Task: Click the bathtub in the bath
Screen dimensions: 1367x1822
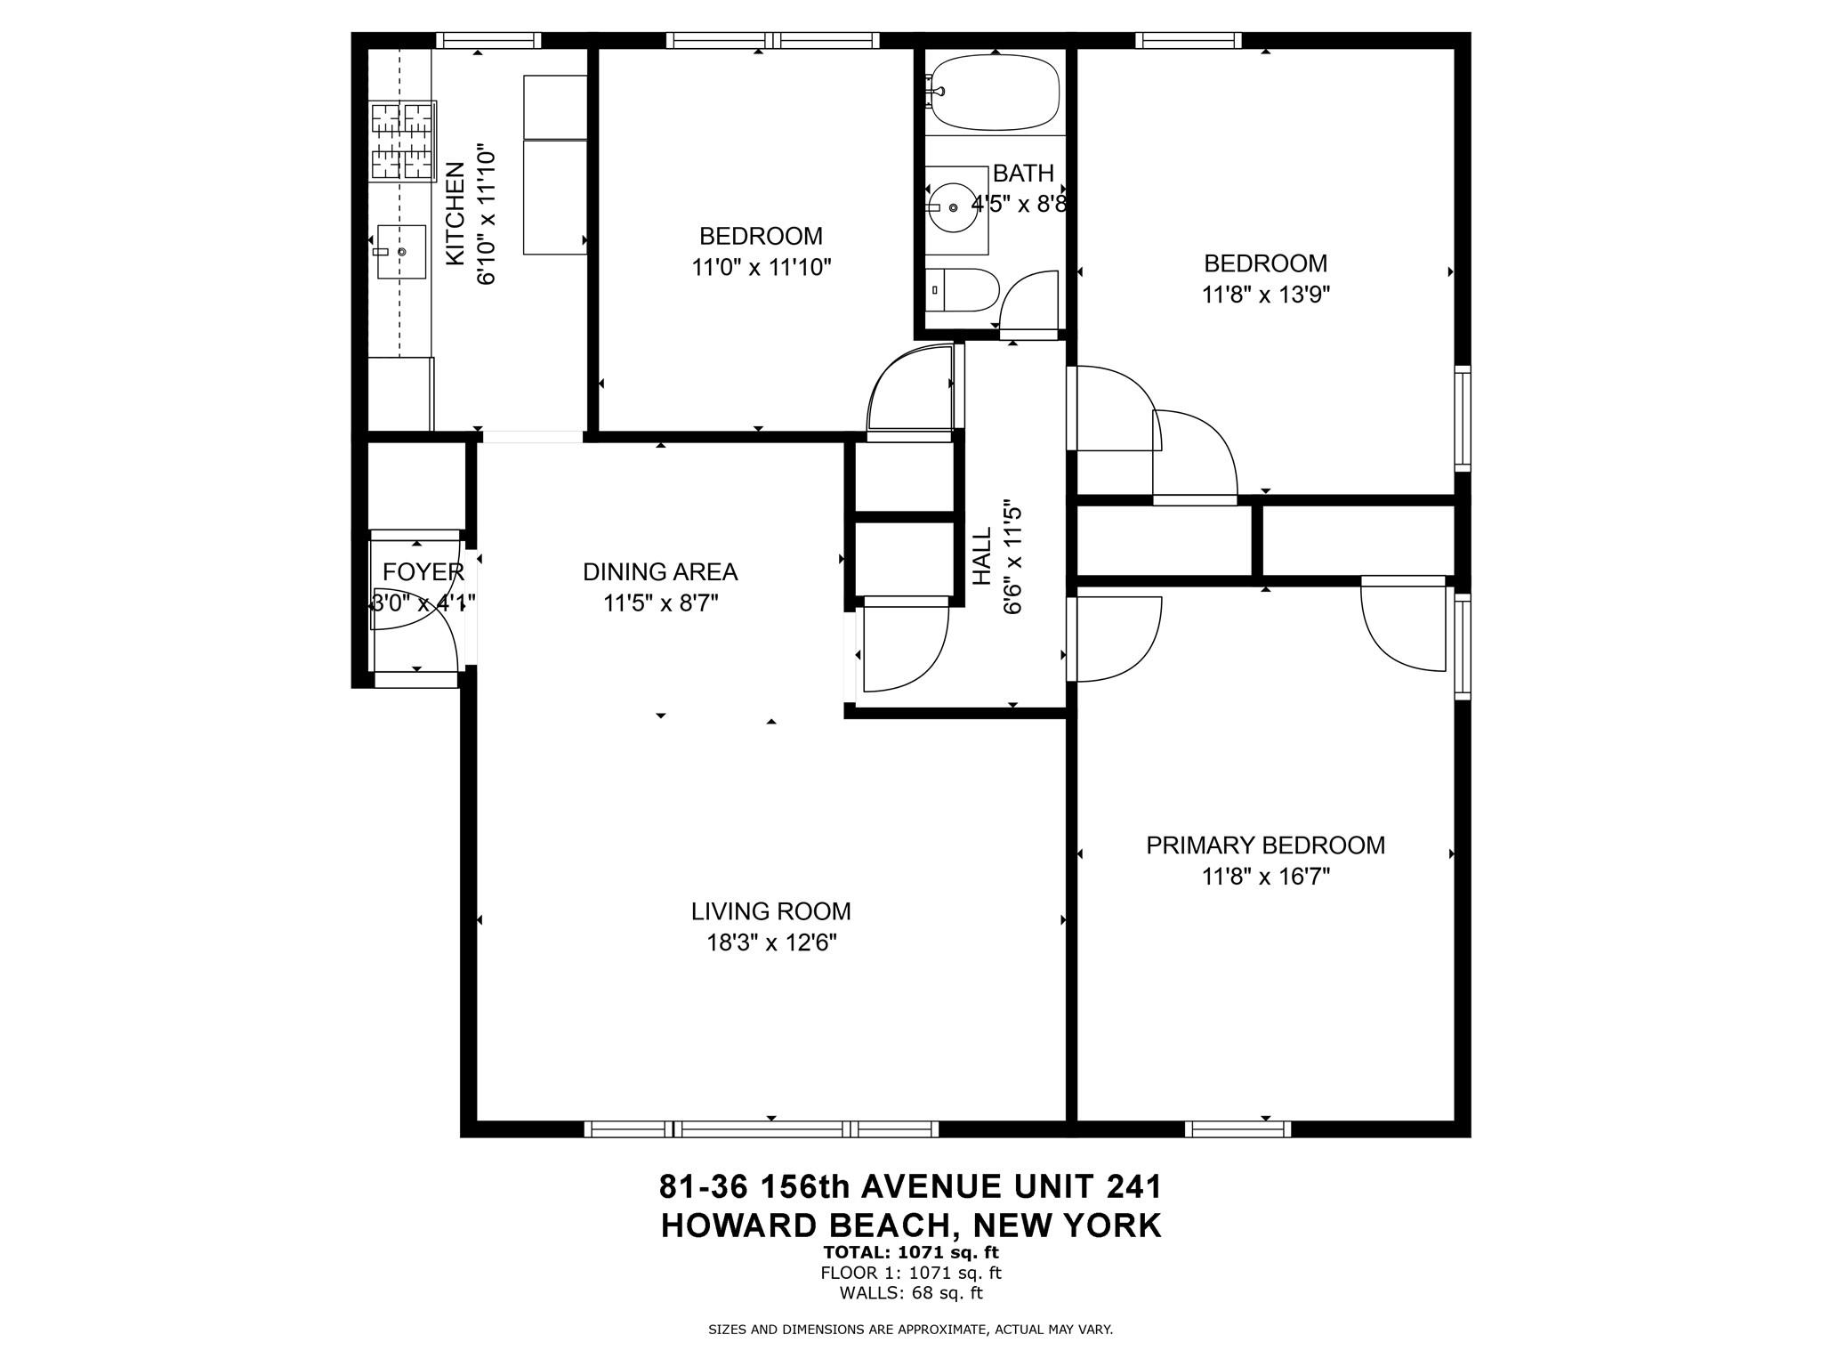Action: pyautogui.click(x=994, y=93)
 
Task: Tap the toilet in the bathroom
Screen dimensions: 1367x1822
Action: pyautogui.click(x=961, y=290)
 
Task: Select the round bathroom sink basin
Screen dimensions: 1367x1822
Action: pyautogui.click(x=953, y=207)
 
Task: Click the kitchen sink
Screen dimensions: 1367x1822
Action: pyautogui.click(x=401, y=253)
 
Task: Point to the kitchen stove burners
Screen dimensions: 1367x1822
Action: pyautogui.click(x=403, y=142)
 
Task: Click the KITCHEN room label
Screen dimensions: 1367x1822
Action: pyautogui.click(x=455, y=214)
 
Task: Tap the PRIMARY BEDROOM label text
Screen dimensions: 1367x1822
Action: pyautogui.click(x=1265, y=845)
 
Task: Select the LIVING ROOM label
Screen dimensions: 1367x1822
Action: pyautogui.click(x=770, y=911)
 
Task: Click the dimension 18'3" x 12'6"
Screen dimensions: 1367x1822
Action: pyautogui.click(x=770, y=942)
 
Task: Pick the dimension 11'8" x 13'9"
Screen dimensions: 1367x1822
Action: pyautogui.click(x=1265, y=295)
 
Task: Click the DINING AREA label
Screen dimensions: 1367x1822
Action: pyautogui.click(x=660, y=571)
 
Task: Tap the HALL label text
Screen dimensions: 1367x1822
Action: pyautogui.click(x=981, y=557)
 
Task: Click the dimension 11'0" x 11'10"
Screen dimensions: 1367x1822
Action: pyautogui.click(x=761, y=267)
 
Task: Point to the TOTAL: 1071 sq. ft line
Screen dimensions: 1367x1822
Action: pyautogui.click(x=910, y=1252)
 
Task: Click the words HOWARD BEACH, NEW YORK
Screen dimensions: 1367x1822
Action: pyautogui.click(x=910, y=1225)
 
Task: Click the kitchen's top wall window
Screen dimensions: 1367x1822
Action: pyautogui.click(x=488, y=40)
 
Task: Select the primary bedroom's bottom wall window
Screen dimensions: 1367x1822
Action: pyautogui.click(x=1237, y=1128)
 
